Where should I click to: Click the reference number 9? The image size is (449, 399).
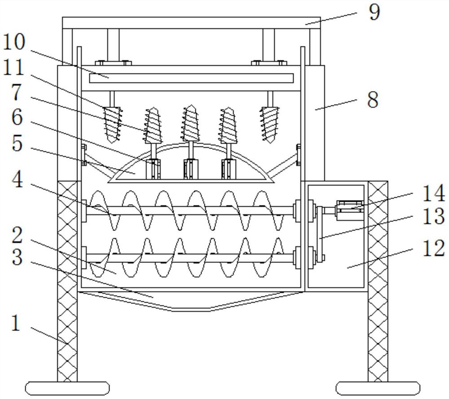[374, 13]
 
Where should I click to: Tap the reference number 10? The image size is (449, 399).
[14, 42]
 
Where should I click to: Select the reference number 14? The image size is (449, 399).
[433, 193]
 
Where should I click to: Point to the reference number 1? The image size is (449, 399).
[16, 323]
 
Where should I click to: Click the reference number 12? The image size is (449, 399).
[433, 248]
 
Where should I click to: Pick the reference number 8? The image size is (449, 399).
[373, 100]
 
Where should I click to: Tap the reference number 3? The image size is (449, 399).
[17, 257]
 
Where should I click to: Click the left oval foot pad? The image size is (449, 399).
[67, 389]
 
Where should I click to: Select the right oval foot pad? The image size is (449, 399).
[378, 389]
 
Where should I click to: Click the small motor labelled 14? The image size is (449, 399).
[350, 210]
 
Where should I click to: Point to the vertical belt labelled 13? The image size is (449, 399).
[320, 234]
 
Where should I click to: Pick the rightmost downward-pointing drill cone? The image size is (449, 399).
[270, 125]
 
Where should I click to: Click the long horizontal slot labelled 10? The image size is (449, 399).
[191, 78]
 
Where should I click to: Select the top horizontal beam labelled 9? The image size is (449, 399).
[191, 22]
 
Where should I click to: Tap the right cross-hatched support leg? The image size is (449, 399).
[378, 282]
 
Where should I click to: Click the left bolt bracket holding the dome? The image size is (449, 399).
[84, 155]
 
